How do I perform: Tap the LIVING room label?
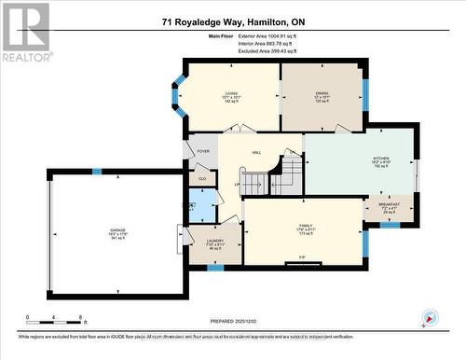(x=232, y=93)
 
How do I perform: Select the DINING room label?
(x=322, y=93)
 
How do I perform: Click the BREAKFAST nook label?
(x=389, y=204)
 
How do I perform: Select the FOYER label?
(x=202, y=150)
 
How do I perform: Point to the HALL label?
(x=258, y=151)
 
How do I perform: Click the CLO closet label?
(x=202, y=177)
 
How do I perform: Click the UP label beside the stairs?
(x=238, y=183)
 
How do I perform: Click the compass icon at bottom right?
(x=430, y=318)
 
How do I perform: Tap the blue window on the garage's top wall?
(x=96, y=171)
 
